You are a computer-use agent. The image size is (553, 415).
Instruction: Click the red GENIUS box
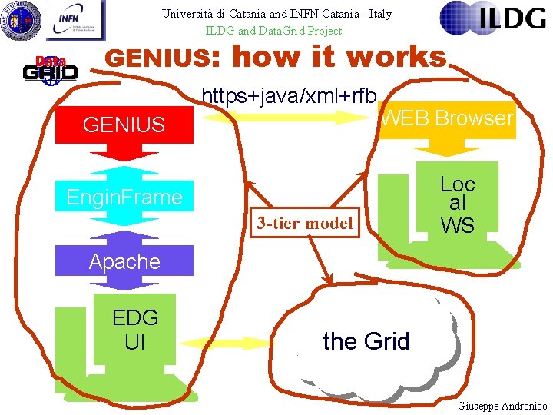(x=124, y=124)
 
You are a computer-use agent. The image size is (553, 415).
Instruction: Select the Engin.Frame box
(x=124, y=198)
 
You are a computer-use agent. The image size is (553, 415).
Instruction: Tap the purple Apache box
(x=124, y=261)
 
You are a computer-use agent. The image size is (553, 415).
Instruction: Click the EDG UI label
(x=134, y=329)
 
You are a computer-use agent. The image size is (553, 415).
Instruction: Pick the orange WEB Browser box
(x=447, y=118)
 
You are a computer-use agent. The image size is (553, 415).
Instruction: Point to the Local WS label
(x=457, y=204)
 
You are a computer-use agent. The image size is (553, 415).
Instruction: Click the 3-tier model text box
(x=305, y=224)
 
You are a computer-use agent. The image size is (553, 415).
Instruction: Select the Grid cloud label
(x=366, y=341)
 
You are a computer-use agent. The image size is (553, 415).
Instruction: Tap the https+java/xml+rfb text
(x=289, y=95)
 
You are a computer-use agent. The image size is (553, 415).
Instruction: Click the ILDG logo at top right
(x=493, y=19)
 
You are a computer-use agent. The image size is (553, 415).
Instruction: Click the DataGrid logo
(x=48, y=68)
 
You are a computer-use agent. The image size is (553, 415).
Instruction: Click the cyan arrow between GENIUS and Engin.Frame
(x=124, y=161)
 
